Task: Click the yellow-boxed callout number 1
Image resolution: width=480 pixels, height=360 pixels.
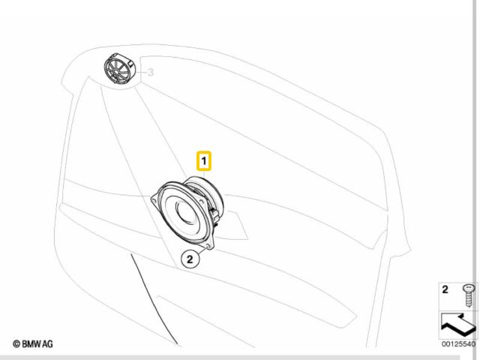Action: pyautogui.click(x=204, y=160)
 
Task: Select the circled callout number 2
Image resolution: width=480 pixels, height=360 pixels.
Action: pyautogui.click(x=190, y=259)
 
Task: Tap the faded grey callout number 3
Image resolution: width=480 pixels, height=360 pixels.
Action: pyautogui.click(x=150, y=73)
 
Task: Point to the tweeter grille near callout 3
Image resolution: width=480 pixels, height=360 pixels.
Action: pyautogui.click(x=118, y=70)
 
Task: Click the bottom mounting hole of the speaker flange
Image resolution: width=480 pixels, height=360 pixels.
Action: pyautogui.click(x=208, y=246)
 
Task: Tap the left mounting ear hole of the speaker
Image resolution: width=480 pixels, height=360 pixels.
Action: pyautogui.click(x=155, y=201)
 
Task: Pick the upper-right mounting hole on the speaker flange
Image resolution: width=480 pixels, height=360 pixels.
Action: pyautogui.click(x=201, y=202)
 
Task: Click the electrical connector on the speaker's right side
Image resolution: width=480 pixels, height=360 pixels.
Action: pyautogui.click(x=214, y=214)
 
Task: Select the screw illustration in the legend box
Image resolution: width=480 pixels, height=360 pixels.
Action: pyautogui.click(x=469, y=295)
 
